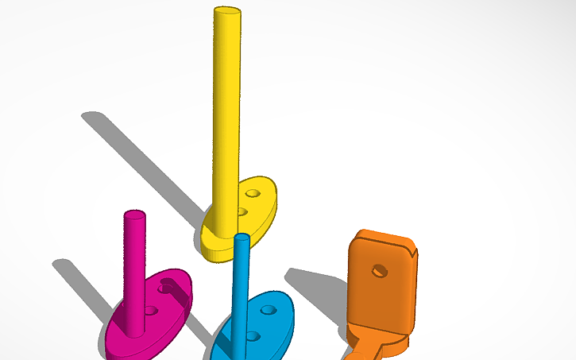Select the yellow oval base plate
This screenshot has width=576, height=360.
(218, 238)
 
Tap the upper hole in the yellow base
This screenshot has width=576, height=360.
(253, 193)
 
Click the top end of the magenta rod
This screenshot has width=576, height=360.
(134, 215)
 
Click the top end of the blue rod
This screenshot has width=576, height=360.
(242, 238)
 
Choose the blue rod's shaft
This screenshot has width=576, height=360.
(242, 294)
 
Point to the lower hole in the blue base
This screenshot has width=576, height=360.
(253, 336)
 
